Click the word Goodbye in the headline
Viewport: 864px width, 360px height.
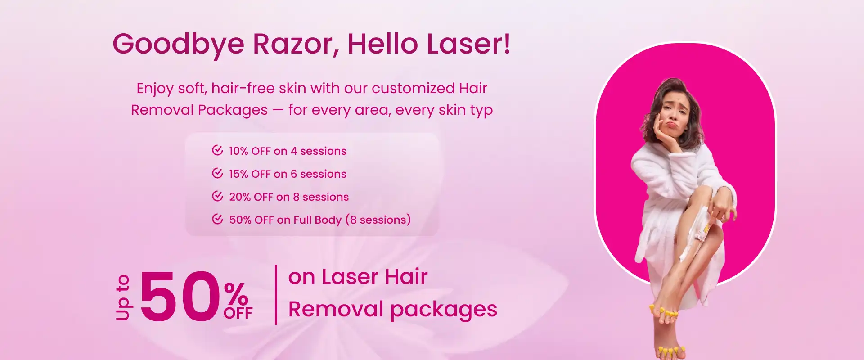(178, 45)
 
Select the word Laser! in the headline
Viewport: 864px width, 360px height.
(468, 44)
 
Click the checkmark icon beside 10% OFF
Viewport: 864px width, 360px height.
(217, 150)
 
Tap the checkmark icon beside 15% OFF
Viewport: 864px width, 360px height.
(217, 173)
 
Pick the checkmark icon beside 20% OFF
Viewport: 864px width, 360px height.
(217, 196)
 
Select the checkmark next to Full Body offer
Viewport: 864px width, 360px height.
(217, 219)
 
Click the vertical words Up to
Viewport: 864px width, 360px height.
(122, 297)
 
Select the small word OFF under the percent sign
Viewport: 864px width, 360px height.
(238, 313)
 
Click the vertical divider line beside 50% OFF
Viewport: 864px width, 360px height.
(276, 294)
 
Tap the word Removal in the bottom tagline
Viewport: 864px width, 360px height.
(336, 309)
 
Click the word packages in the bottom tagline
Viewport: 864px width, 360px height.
(444, 311)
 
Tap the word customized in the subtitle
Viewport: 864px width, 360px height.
(413, 88)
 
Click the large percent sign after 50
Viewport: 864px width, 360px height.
(236, 294)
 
